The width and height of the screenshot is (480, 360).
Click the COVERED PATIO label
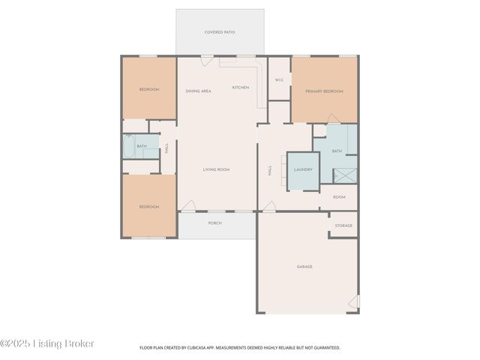pyautogui.click(x=220, y=32)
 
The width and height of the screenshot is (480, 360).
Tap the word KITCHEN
pyautogui.click(x=240, y=87)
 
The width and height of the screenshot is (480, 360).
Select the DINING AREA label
pyautogui.click(x=198, y=91)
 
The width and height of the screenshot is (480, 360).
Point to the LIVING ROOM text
pyautogui.click(x=216, y=169)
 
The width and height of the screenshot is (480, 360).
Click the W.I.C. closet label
pyautogui.click(x=279, y=79)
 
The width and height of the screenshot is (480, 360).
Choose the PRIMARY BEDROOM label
pyautogui.click(x=324, y=91)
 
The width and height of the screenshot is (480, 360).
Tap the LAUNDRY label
pyautogui.click(x=303, y=169)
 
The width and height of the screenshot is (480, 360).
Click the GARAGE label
pyautogui.click(x=304, y=266)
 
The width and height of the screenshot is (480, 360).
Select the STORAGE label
pyautogui.click(x=343, y=225)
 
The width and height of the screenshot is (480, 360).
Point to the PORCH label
pyautogui.click(x=214, y=222)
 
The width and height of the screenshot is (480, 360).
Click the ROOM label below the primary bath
pyautogui.click(x=339, y=197)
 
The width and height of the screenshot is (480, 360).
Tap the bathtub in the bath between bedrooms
pyautogui.click(x=130, y=146)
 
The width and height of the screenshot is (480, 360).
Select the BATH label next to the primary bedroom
pyautogui.click(x=337, y=151)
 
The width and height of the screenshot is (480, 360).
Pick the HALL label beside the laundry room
pyautogui.click(x=270, y=171)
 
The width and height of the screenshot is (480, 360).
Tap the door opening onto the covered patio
pyautogui.click(x=207, y=59)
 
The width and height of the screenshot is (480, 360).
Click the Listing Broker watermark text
pyautogui.click(x=47, y=343)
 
